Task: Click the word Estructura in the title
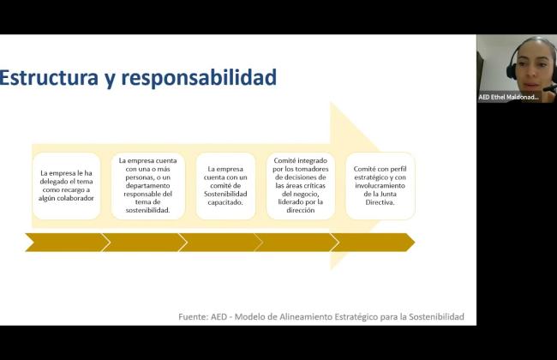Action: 49,77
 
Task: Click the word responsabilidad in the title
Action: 199,78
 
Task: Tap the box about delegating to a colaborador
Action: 67,186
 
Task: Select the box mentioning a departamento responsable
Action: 147,186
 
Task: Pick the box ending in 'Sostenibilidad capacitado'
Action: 225,186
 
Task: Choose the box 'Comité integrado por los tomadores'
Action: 301,186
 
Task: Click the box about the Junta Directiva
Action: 380,186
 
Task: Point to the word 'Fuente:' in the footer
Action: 193,316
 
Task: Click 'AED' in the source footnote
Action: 219,316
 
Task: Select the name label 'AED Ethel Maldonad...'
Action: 508,97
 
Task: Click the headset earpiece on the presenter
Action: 512,71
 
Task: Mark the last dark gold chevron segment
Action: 373,243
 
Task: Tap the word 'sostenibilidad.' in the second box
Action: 147,210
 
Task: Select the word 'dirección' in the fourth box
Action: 301,210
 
